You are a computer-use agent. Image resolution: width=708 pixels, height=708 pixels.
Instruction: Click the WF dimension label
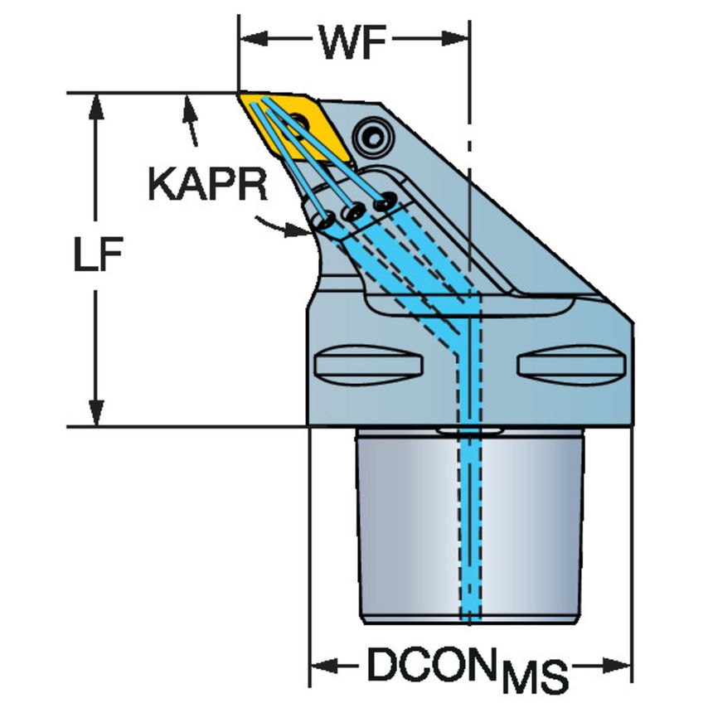[355, 42]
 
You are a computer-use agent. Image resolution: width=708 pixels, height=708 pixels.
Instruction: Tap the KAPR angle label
[208, 186]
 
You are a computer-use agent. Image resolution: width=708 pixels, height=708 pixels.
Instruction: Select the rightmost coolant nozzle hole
[384, 201]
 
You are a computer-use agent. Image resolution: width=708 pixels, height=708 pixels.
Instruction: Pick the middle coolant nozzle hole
[355, 211]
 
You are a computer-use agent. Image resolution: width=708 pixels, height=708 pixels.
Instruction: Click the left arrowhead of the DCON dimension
[319, 666]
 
